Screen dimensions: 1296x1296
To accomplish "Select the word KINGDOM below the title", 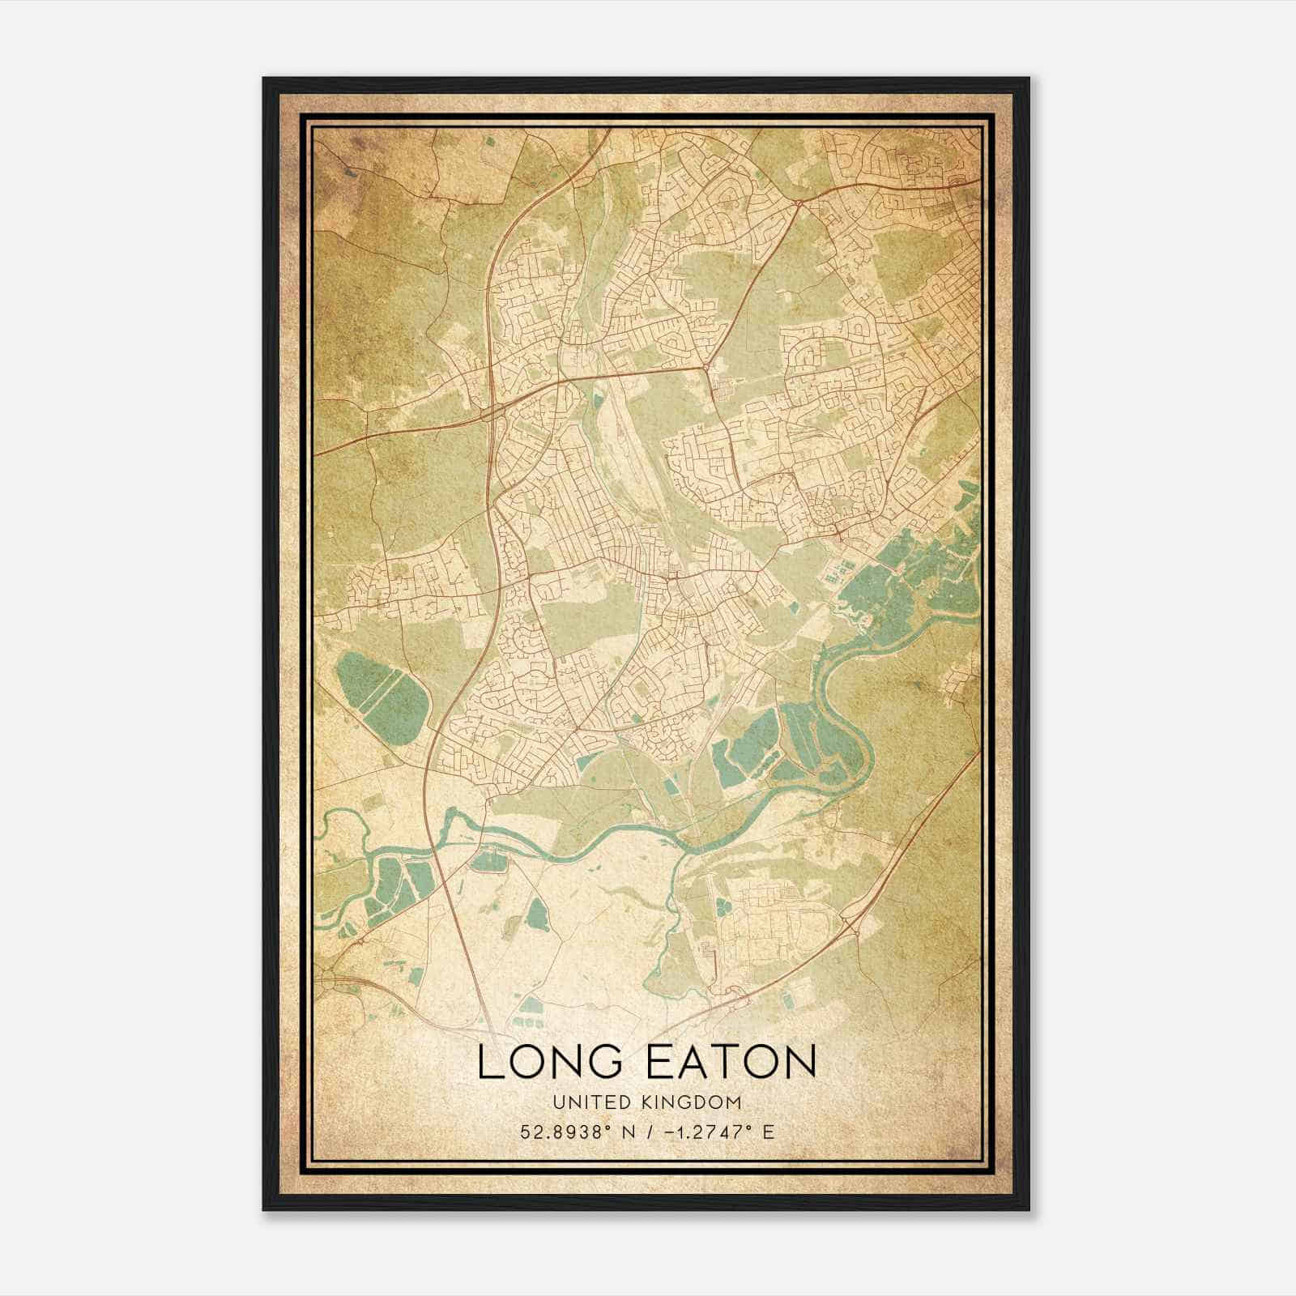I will pos(697,1102).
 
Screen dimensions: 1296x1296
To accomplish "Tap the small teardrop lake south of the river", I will pos(537,914).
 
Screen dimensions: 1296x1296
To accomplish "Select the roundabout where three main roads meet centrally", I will pos(707,369).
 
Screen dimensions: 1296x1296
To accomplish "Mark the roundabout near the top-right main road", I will pos(798,202).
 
